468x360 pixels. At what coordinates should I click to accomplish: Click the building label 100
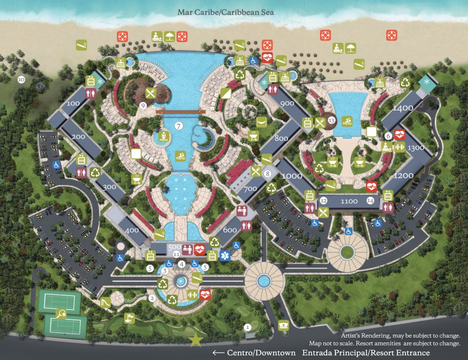[x=73, y=103]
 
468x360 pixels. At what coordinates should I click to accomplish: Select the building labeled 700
[x=250, y=188]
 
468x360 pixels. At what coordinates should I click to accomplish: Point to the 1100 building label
[x=349, y=201]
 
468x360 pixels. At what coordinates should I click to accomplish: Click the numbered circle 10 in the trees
[x=21, y=79]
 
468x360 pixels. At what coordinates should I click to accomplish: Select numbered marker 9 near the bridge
[x=143, y=106]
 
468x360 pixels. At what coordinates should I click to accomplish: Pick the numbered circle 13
[x=332, y=121]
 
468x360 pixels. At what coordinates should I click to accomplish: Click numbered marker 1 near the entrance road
[x=247, y=327]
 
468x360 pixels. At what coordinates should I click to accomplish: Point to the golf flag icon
[x=130, y=317]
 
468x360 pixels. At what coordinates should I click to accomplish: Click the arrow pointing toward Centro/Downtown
[x=218, y=353]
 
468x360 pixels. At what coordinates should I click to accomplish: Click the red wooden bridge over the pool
[x=180, y=111]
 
